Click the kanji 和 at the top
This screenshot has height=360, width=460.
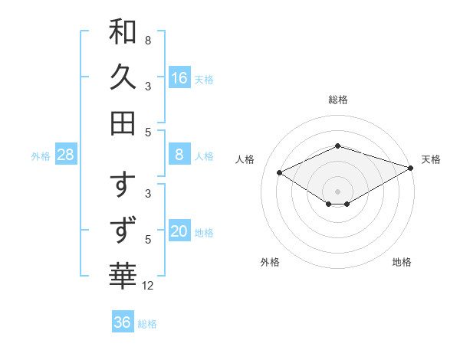click(123, 32)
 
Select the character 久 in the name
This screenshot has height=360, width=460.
click(123, 77)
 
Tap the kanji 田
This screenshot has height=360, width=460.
click(123, 123)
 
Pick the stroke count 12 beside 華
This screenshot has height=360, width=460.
click(148, 286)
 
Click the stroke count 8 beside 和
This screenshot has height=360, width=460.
click(147, 40)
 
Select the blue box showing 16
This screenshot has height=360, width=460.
click(179, 77)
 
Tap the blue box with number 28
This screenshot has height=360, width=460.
click(66, 155)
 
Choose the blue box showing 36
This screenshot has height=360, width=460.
click(123, 322)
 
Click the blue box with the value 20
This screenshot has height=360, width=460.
click(179, 231)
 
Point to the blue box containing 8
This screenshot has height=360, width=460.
click(179, 155)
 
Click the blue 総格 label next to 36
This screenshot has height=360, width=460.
click(147, 324)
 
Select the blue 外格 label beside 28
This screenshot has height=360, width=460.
click(41, 156)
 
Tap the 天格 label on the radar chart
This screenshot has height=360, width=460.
click(431, 159)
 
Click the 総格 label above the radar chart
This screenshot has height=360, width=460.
click(338, 100)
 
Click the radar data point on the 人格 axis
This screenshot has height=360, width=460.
click(280, 173)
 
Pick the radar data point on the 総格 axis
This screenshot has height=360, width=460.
click(338, 146)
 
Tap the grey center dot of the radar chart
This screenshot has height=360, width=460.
click(338, 191)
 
